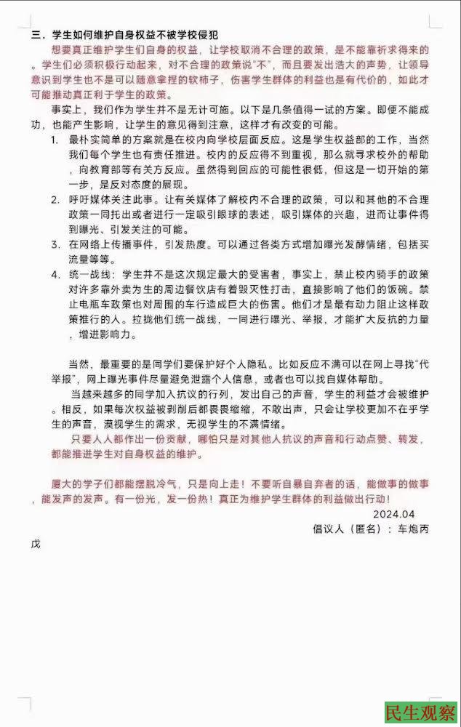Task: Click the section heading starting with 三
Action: pos(124,34)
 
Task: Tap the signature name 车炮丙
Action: pos(411,529)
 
